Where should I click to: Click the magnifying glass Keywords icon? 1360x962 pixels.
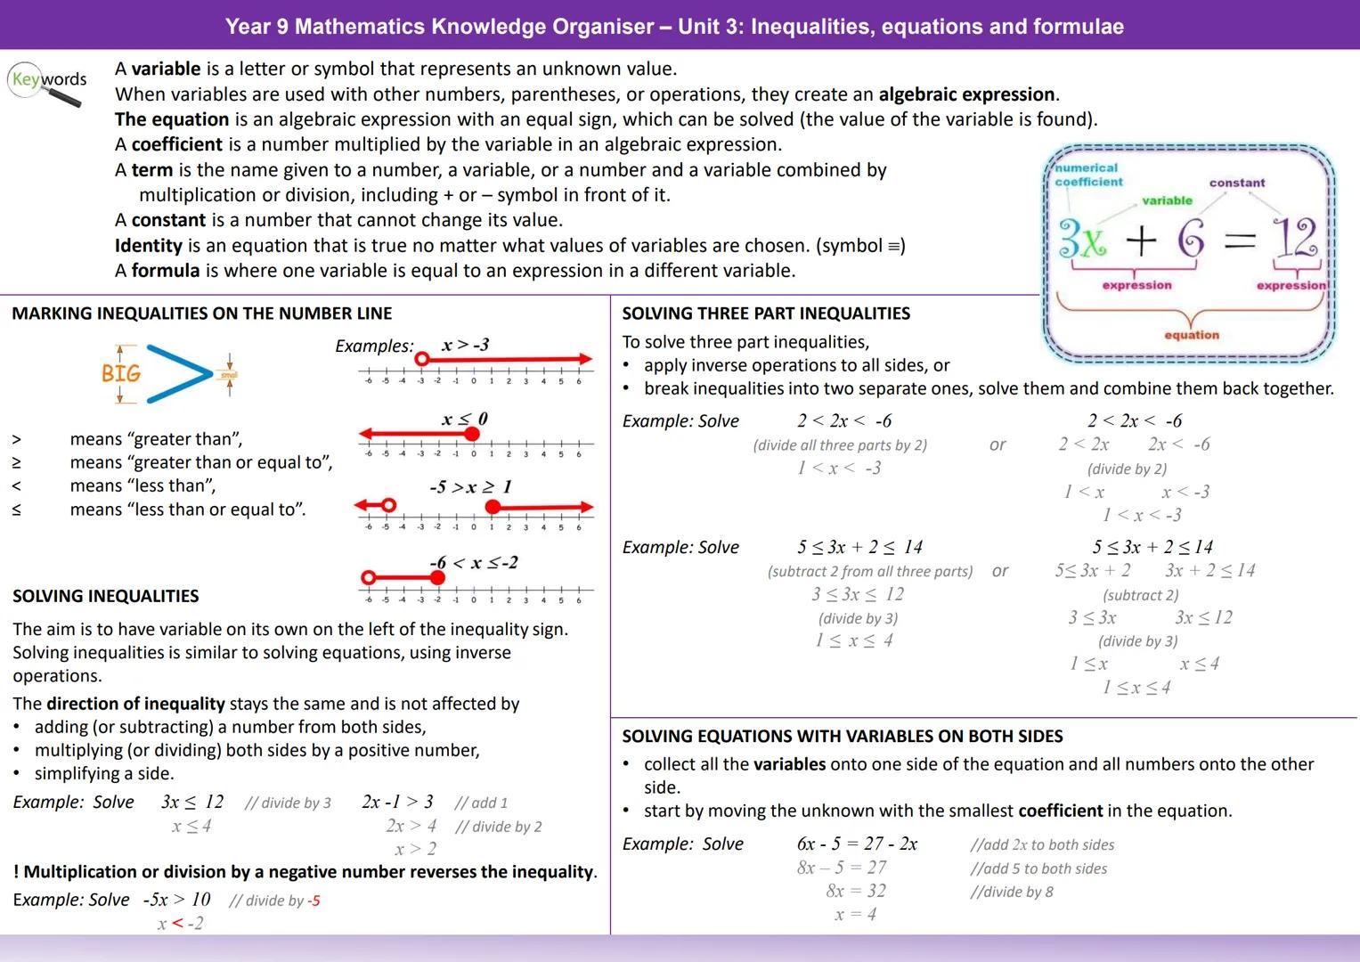[48, 85]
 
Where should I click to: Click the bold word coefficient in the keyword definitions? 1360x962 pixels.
[176, 144]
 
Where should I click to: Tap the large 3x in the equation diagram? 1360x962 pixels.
[1082, 239]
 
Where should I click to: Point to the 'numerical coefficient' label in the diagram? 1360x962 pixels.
[1087, 175]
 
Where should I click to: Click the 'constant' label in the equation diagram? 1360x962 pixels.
[1236, 183]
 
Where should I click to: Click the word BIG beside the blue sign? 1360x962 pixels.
[121, 373]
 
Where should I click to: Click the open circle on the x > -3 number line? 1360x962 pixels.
[422, 359]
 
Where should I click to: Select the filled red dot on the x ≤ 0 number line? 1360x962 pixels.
[472, 434]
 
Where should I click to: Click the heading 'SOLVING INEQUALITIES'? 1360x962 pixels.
[106, 596]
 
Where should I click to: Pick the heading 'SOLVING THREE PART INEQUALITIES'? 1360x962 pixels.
[766, 314]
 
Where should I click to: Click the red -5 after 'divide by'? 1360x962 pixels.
[314, 901]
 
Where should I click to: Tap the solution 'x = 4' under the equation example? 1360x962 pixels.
[855, 914]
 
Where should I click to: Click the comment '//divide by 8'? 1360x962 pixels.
[1012, 892]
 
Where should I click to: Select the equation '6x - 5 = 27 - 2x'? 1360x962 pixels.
[857, 844]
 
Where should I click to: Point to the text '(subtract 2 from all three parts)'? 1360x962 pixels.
[869, 572]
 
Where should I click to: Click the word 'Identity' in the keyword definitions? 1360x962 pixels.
[149, 245]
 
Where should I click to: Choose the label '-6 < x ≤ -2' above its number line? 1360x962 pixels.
[473, 563]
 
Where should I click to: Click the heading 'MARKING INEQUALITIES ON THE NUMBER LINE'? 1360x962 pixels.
[202, 314]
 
